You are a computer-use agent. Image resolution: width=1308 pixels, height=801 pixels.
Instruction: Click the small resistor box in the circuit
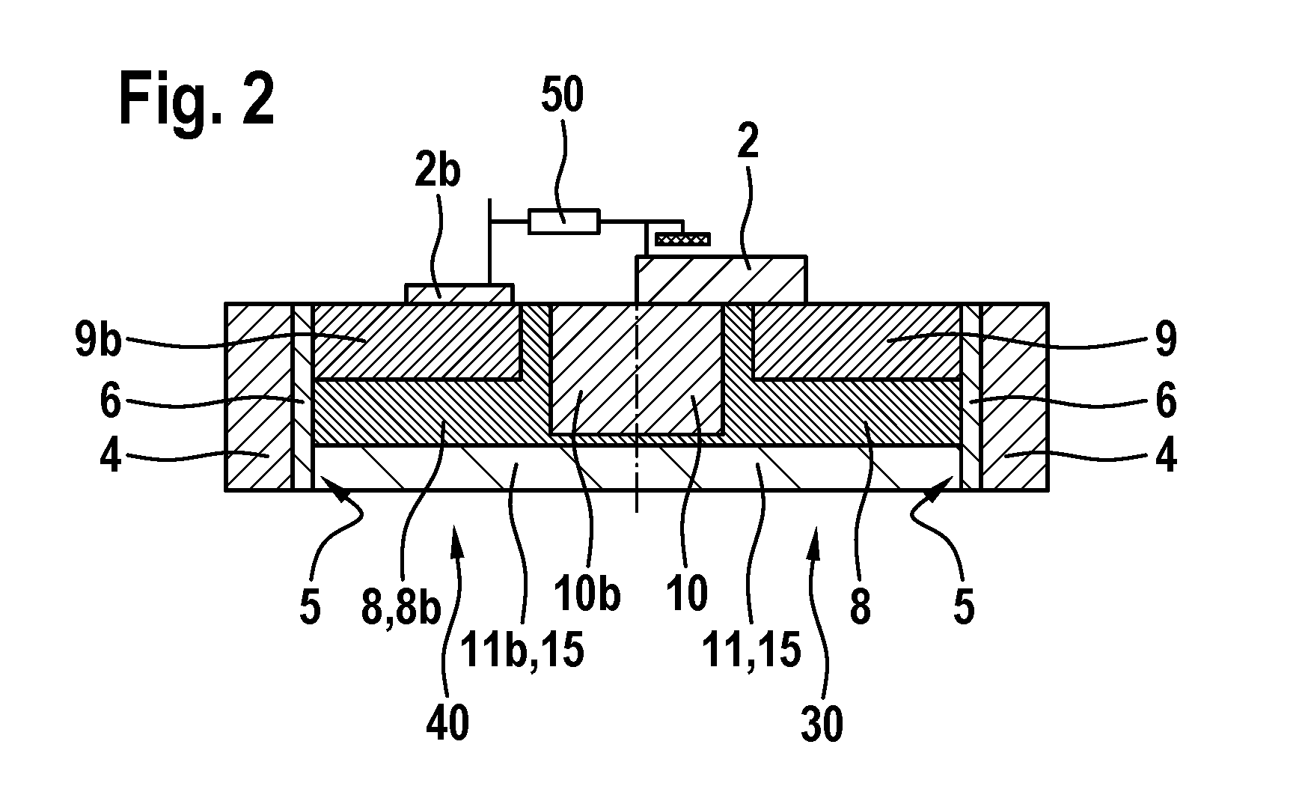[x=564, y=222]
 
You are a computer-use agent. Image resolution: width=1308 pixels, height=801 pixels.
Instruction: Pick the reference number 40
[x=448, y=725]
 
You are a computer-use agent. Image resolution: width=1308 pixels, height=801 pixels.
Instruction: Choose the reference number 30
[x=822, y=725]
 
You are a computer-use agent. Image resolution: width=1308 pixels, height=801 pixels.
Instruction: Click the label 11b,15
[x=521, y=650]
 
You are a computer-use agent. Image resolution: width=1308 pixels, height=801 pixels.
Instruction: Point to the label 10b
[x=587, y=596]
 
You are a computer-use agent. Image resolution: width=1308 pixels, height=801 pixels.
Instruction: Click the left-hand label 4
[x=110, y=455]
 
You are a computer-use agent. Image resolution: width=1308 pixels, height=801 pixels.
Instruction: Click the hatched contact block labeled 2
[x=721, y=280]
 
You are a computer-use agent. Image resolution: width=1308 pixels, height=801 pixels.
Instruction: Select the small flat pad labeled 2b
[x=459, y=293]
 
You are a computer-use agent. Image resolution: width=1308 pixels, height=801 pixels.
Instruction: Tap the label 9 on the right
[x=1166, y=340]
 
